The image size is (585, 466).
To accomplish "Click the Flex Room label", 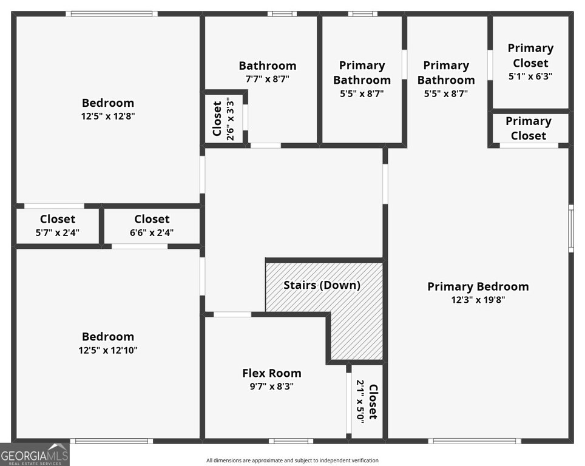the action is pos(272,373).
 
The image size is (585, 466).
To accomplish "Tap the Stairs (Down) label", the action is pos(322,285).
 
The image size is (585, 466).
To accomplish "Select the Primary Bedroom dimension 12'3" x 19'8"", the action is pos(478,300).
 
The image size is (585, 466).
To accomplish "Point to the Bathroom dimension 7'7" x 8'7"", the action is pos(268,79).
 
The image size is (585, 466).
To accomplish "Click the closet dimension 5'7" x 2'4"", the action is pos(58,233).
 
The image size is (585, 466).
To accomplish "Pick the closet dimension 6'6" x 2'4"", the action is pos(152,233).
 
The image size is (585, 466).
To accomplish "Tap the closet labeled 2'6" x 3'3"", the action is pos(223,119).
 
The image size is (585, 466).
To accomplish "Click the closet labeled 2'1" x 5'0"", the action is pos(367,402).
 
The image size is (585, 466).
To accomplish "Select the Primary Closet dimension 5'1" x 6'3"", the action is pos(530,76).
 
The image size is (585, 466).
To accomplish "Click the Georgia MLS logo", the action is pos(35,454).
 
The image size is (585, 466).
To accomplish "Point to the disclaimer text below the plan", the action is pos(292,461).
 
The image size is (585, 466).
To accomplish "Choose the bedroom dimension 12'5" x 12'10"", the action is pos(108,350).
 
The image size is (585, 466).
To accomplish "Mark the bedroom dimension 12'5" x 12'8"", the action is pos(108,116).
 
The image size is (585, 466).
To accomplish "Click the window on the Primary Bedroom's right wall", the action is pos(571,228).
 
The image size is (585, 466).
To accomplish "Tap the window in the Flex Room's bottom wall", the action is pos(291,441).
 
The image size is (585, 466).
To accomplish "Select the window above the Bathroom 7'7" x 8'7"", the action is pos(282,14).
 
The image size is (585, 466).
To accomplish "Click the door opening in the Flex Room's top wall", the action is pos(232,314).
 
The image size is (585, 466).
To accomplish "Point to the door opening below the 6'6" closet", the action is pos(140,246).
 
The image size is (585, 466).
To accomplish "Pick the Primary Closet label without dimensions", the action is pos(529,129).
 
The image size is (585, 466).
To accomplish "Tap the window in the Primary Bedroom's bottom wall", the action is pos(475,441).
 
